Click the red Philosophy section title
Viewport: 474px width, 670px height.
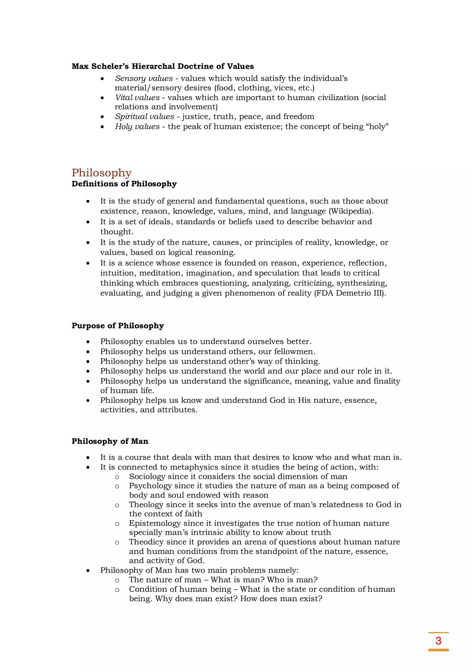point(102,173)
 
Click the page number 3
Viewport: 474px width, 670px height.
point(438,641)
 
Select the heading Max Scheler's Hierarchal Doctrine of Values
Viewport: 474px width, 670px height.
point(162,66)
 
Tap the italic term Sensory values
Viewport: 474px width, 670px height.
point(144,78)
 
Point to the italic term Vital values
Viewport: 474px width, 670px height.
point(137,97)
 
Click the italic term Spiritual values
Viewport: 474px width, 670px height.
point(144,116)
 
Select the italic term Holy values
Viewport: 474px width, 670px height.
point(137,126)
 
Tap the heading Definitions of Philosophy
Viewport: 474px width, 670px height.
point(124,184)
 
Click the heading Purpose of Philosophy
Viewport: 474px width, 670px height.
point(118,326)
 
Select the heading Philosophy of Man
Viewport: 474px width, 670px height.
point(110,441)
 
